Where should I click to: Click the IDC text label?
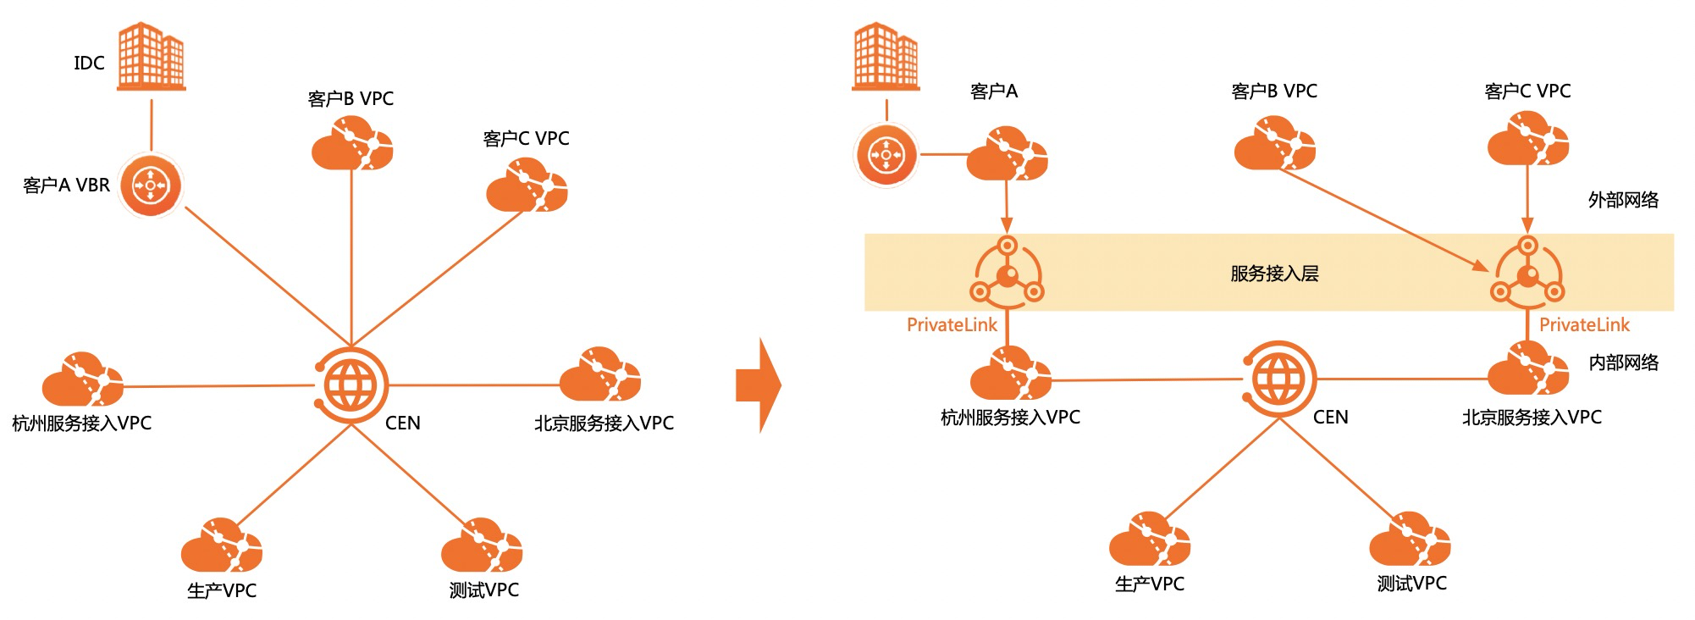click(x=89, y=64)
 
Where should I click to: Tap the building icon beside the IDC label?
click(x=151, y=56)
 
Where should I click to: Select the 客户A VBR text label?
click(x=66, y=185)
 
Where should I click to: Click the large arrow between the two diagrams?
click(x=758, y=385)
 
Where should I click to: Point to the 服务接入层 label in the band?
click(x=1274, y=274)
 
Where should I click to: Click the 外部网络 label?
click(x=1623, y=201)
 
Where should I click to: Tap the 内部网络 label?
click(x=1623, y=363)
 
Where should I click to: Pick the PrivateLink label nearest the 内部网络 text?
click(x=1584, y=325)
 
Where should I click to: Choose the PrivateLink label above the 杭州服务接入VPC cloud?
click(x=952, y=325)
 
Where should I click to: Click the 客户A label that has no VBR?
click(x=993, y=91)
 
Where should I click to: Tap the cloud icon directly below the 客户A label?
click(x=1007, y=154)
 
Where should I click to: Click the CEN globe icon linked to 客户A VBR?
click(x=351, y=385)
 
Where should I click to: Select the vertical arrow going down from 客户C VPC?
click(x=1527, y=199)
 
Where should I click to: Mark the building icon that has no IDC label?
click(x=886, y=56)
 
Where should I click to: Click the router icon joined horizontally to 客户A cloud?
click(x=886, y=155)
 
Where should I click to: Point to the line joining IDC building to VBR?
click(x=151, y=124)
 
